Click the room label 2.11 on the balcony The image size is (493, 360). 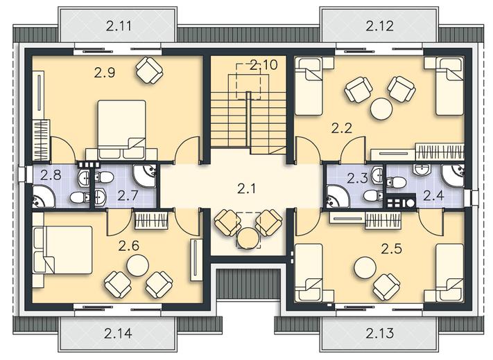click(119, 26)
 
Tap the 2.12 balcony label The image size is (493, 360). click(379, 26)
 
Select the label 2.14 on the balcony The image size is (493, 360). click(118, 333)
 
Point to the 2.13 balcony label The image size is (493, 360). click(379, 333)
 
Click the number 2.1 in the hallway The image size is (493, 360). click(247, 188)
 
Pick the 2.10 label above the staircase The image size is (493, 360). click(263, 65)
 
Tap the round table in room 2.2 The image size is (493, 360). click(381, 109)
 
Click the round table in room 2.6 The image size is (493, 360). click(138, 265)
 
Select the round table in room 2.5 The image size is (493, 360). click(365, 268)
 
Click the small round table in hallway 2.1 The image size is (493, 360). click(248, 238)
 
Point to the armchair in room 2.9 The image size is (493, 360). click(149, 70)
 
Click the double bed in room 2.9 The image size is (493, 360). click(121, 129)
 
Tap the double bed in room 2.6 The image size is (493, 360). click(63, 250)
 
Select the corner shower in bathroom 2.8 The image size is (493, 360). click(44, 197)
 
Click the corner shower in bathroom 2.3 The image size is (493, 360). click(338, 197)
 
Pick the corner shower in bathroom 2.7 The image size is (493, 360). click(145, 176)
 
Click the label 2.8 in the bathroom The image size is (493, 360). click(51, 175)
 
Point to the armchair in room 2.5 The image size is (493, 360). click(386, 287)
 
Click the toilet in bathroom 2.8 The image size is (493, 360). click(80, 198)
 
